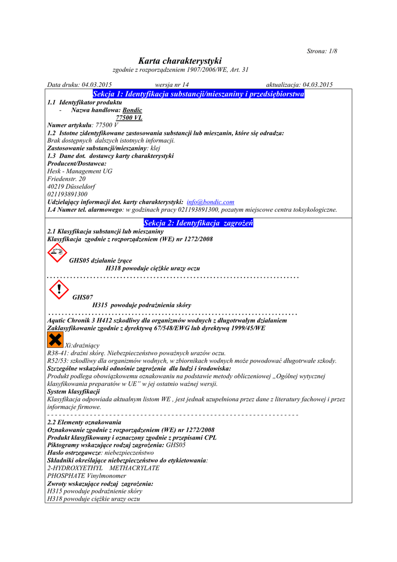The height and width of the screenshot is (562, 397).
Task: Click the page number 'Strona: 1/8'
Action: [322, 51]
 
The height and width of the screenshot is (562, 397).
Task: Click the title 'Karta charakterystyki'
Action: [180, 61]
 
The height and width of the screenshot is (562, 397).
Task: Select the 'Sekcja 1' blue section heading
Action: [198, 94]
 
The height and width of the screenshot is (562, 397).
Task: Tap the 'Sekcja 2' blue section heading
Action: [198, 223]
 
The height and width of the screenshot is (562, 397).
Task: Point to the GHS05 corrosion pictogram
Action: [56, 253]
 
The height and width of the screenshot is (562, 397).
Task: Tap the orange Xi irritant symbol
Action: [56, 339]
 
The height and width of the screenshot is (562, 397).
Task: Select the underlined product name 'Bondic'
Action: [132, 110]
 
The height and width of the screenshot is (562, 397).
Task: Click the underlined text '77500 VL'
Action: [129, 117]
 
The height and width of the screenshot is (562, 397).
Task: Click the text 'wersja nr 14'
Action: [172, 85]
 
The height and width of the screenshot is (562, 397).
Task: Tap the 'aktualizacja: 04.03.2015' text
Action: [299, 85]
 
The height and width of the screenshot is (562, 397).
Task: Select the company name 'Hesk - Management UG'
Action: [80, 171]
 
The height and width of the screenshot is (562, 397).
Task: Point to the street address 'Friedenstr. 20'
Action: [67, 179]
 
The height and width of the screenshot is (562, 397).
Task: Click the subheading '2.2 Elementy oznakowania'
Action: [84, 422]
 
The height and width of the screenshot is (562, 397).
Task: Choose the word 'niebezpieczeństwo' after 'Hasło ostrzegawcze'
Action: [129, 453]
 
